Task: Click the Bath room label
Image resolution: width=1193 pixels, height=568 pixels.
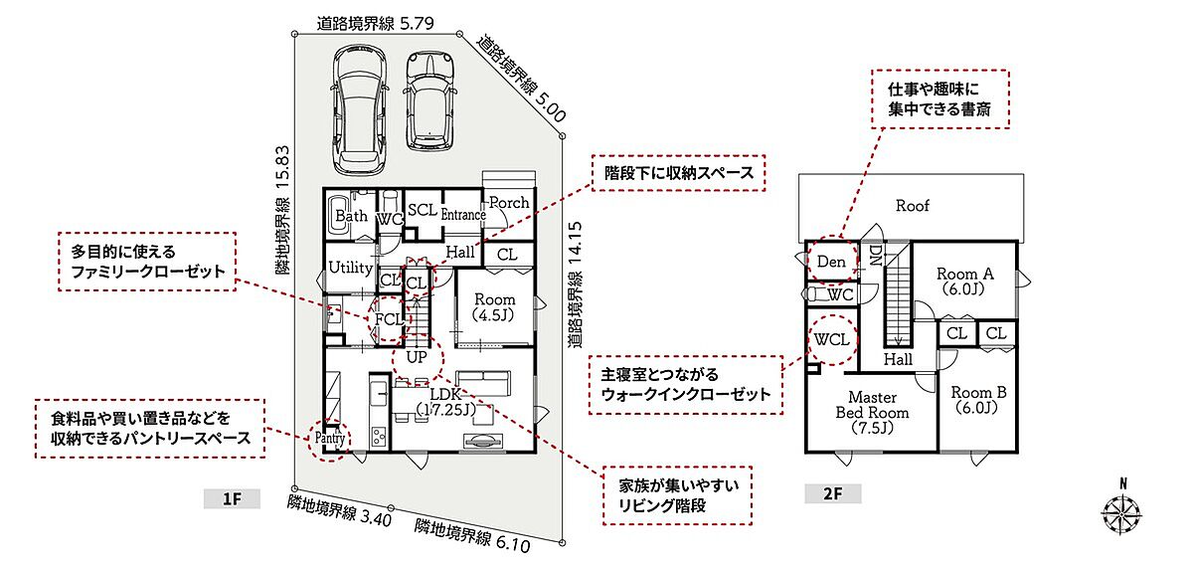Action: (352, 216)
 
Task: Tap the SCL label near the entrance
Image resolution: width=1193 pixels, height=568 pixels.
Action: (423, 210)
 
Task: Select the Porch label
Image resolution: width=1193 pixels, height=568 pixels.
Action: (509, 203)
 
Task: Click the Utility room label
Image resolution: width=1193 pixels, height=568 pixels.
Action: (350, 268)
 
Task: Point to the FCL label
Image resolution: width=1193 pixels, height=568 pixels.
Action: (390, 319)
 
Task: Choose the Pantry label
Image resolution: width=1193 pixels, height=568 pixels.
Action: (330, 438)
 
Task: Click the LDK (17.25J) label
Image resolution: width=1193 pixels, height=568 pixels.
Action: (445, 402)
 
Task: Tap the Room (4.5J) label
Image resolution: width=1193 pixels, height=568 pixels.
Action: (494, 307)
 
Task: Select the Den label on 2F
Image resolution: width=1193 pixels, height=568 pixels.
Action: (831, 262)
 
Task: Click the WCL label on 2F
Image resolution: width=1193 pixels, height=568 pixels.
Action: (832, 339)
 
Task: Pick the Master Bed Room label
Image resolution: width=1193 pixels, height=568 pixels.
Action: (873, 413)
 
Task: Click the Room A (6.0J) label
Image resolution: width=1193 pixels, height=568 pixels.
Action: (965, 282)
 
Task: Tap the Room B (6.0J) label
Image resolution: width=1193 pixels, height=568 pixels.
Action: (978, 400)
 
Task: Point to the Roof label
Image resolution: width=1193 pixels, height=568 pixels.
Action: (913, 206)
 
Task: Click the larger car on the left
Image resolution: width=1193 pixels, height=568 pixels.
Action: (359, 109)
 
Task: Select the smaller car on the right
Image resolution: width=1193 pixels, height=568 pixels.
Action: (429, 100)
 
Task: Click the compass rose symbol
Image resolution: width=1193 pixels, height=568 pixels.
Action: (1122, 512)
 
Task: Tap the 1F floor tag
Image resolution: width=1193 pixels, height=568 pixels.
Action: (232, 498)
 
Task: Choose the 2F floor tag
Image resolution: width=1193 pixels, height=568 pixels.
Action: (832, 493)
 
